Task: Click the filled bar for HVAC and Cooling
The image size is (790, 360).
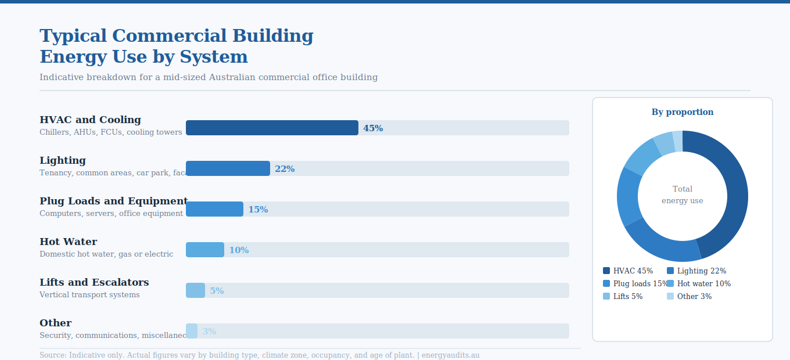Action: [272, 128]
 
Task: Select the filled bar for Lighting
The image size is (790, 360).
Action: [228, 168]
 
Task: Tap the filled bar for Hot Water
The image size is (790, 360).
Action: [205, 250]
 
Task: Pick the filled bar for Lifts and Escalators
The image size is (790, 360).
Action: [195, 290]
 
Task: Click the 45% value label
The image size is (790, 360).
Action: [373, 128]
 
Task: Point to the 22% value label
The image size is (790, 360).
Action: [285, 169]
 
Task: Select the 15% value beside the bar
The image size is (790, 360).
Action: [258, 210]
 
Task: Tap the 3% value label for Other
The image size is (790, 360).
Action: [209, 332]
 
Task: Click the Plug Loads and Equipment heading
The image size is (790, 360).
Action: [113, 201]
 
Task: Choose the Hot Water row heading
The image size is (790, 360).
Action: [69, 242]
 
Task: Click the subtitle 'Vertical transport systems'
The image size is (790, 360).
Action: [89, 295]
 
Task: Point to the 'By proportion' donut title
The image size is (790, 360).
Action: [683, 112]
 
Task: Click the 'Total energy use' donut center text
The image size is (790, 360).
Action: [683, 195]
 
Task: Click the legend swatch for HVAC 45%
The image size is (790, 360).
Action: [606, 271]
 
